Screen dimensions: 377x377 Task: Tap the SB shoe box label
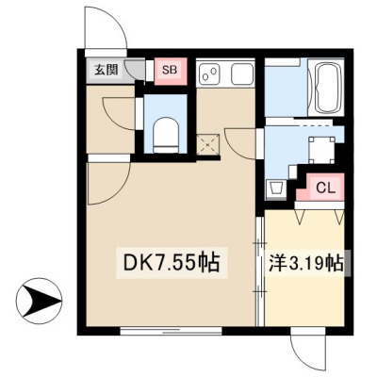(170, 70)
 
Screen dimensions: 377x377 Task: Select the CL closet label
(326, 188)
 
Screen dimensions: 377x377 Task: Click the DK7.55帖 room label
(172, 263)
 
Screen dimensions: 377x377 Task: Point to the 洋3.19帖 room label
(305, 265)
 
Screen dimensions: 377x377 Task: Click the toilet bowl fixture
(166, 135)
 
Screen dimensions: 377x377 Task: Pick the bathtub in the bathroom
(329, 87)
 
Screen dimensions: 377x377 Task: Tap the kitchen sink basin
(242, 74)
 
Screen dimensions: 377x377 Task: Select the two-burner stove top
(210, 74)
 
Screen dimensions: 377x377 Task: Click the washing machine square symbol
(321, 150)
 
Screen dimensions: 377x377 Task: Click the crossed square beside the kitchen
(208, 144)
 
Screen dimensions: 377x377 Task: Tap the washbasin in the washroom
(276, 189)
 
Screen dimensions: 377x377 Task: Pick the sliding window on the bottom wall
(172, 331)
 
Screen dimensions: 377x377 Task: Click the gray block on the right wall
(348, 263)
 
